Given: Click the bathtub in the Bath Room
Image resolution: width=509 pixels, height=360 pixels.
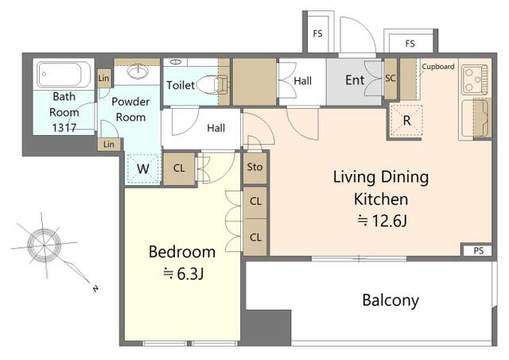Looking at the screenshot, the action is point(64,74).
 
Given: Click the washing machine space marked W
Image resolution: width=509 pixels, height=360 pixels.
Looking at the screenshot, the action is point(143,168).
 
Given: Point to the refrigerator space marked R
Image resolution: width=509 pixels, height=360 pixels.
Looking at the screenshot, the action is point(406,121).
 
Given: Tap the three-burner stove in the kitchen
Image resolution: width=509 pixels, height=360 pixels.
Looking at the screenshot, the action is point(475,79).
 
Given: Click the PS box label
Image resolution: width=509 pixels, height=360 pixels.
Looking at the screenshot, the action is point(479,250).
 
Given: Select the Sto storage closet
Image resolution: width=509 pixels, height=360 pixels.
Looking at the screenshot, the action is point(254,168).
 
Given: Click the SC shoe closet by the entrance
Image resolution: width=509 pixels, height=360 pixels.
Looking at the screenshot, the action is point(390,78).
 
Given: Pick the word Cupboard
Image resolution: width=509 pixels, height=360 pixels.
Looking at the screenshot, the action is point(438,67).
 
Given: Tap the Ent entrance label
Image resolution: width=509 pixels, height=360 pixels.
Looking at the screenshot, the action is point(355,79).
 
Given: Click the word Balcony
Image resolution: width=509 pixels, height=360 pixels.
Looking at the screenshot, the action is point(390,300).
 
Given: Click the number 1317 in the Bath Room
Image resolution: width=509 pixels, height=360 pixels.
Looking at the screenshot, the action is point(64,128).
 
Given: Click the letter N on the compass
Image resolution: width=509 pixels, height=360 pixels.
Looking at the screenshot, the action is point(95,288).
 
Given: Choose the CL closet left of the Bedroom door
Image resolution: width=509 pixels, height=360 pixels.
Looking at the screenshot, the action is point(179,168).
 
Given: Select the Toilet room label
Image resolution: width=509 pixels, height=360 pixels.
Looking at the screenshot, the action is point(181,85).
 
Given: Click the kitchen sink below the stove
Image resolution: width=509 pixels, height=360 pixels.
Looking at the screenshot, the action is point(475,118).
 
